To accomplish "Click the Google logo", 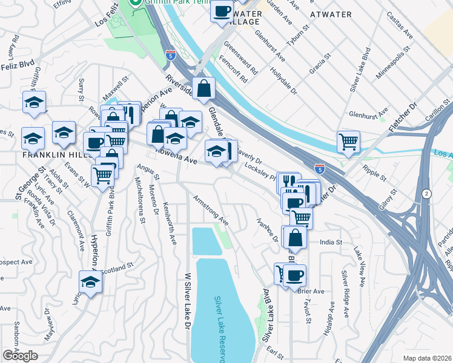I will click(x=20, y=356).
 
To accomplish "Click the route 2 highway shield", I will click(x=428, y=194).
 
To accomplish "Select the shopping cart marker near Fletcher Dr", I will click(x=348, y=142).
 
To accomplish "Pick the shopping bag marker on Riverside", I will click(x=204, y=88).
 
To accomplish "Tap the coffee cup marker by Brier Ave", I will click(x=294, y=276).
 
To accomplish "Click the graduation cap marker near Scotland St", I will click(x=90, y=282).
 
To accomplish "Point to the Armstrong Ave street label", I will click(x=210, y=210).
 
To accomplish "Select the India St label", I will click(x=331, y=242).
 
